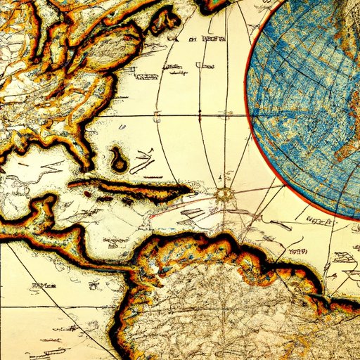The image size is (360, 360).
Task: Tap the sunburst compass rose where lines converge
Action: [226, 195]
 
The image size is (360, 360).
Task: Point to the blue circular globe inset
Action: [309, 105]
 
